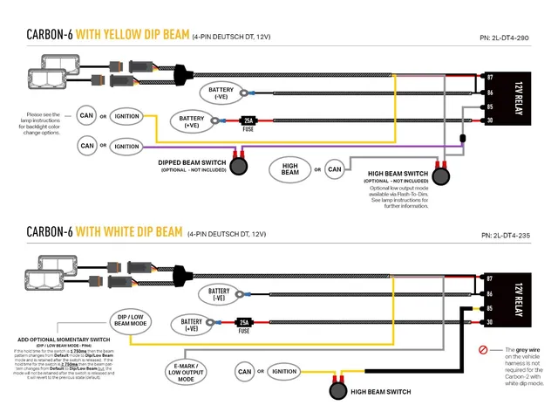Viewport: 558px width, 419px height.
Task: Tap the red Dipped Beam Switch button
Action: click(x=238, y=162)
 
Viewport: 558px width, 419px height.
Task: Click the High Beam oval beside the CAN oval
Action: click(x=290, y=168)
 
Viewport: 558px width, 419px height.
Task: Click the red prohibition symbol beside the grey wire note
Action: click(x=482, y=352)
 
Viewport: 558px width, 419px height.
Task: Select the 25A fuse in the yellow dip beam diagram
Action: click(x=248, y=120)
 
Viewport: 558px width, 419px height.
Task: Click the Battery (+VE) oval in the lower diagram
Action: click(x=191, y=326)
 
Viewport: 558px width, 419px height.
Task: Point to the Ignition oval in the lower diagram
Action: click(x=283, y=372)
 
